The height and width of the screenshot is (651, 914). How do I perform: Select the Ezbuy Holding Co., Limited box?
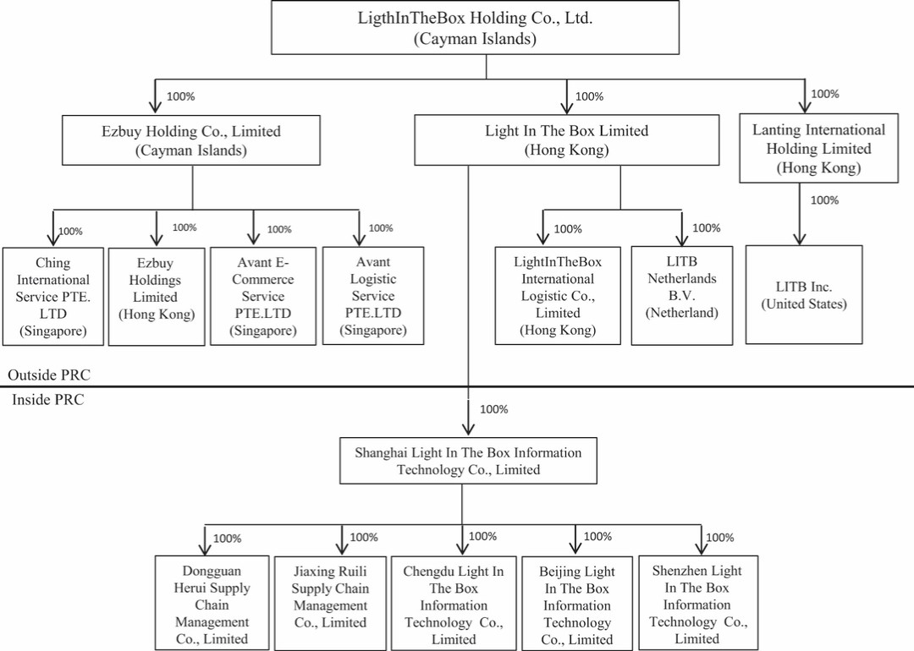[190, 140]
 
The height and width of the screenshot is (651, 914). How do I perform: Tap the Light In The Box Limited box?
[566, 140]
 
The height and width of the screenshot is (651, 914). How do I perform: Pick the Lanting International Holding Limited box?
[818, 149]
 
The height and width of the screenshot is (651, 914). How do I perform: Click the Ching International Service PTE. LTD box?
[52, 296]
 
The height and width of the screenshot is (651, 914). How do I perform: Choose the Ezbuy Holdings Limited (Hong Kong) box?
[157, 296]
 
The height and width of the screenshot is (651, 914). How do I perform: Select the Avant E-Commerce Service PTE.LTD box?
[262, 296]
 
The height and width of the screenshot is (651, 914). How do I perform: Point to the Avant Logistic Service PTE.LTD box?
[372, 296]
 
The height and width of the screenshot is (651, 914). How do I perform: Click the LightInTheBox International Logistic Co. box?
[558, 296]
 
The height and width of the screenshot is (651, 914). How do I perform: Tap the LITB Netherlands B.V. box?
[681, 296]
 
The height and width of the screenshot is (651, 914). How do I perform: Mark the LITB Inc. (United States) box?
[803, 295]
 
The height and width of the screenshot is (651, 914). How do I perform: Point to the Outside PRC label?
[48, 375]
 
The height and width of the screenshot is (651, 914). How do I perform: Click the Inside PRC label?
[47, 400]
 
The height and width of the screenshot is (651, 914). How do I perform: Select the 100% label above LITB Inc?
[824, 200]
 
